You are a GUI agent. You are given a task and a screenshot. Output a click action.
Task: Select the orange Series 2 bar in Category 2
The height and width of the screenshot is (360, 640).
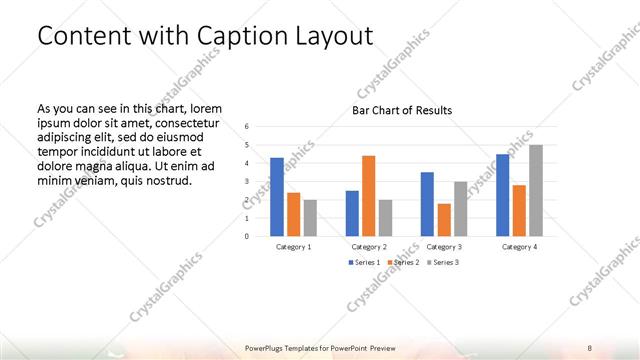(368, 196)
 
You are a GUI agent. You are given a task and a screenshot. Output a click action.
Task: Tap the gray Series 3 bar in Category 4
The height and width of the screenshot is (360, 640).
(535, 191)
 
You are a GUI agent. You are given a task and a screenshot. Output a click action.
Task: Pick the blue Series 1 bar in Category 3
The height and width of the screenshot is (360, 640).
(427, 204)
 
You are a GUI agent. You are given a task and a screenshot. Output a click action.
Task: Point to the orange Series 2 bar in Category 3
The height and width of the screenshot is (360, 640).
(443, 220)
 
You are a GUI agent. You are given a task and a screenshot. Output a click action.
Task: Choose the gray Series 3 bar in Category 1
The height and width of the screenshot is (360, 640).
(310, 218)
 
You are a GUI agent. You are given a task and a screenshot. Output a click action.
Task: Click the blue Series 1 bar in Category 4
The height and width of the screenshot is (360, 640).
(503, 195)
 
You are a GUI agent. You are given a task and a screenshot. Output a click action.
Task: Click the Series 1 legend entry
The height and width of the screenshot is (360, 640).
(362, 262)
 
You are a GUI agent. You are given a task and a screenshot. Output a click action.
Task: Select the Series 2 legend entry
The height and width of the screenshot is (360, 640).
(403, 262)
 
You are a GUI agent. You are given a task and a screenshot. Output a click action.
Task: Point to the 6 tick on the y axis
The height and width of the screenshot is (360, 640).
(248, 126)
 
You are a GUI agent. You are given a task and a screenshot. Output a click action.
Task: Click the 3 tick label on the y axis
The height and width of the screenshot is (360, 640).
(248, 181)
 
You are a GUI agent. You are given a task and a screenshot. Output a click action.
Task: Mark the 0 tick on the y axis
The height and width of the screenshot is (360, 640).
(248, 237)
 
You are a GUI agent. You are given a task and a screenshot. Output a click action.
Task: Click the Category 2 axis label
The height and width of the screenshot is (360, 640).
(369, 246)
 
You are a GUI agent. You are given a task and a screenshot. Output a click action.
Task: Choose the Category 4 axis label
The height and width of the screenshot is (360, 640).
(519, 246)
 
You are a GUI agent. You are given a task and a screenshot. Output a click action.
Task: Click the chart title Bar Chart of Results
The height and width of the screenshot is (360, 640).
(401, 110)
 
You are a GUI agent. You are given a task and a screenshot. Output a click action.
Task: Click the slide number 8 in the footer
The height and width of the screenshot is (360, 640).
(590, 348)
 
